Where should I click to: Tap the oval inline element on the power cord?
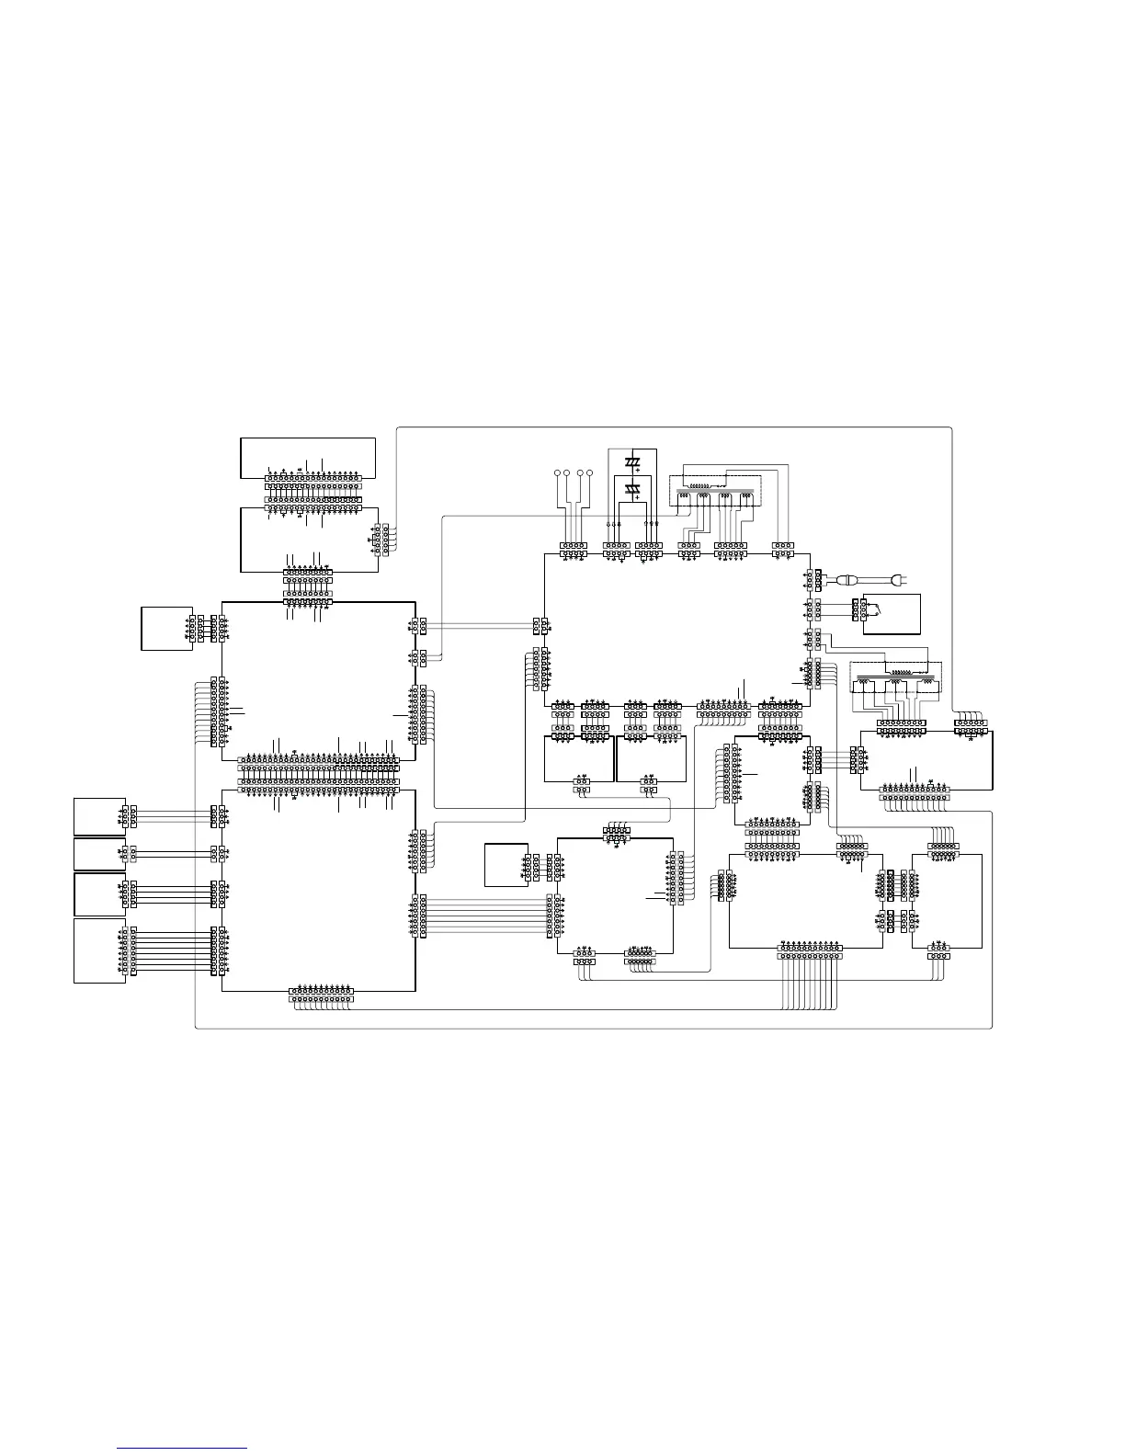point(848,580)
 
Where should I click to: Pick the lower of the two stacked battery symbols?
point(631,488)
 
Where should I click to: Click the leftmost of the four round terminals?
point(557,473)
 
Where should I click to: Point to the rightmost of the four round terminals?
point(590,473)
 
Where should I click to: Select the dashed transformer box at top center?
point(715,489)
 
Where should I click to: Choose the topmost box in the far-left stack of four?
point(99,816)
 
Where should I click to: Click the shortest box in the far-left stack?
point(99,854)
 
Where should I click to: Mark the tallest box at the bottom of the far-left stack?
point(99,950)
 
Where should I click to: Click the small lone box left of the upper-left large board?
point(166,628)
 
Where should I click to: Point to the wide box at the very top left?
point(307,457)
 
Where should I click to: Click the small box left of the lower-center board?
point(506,864)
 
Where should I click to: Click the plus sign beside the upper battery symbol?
point(637,470)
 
